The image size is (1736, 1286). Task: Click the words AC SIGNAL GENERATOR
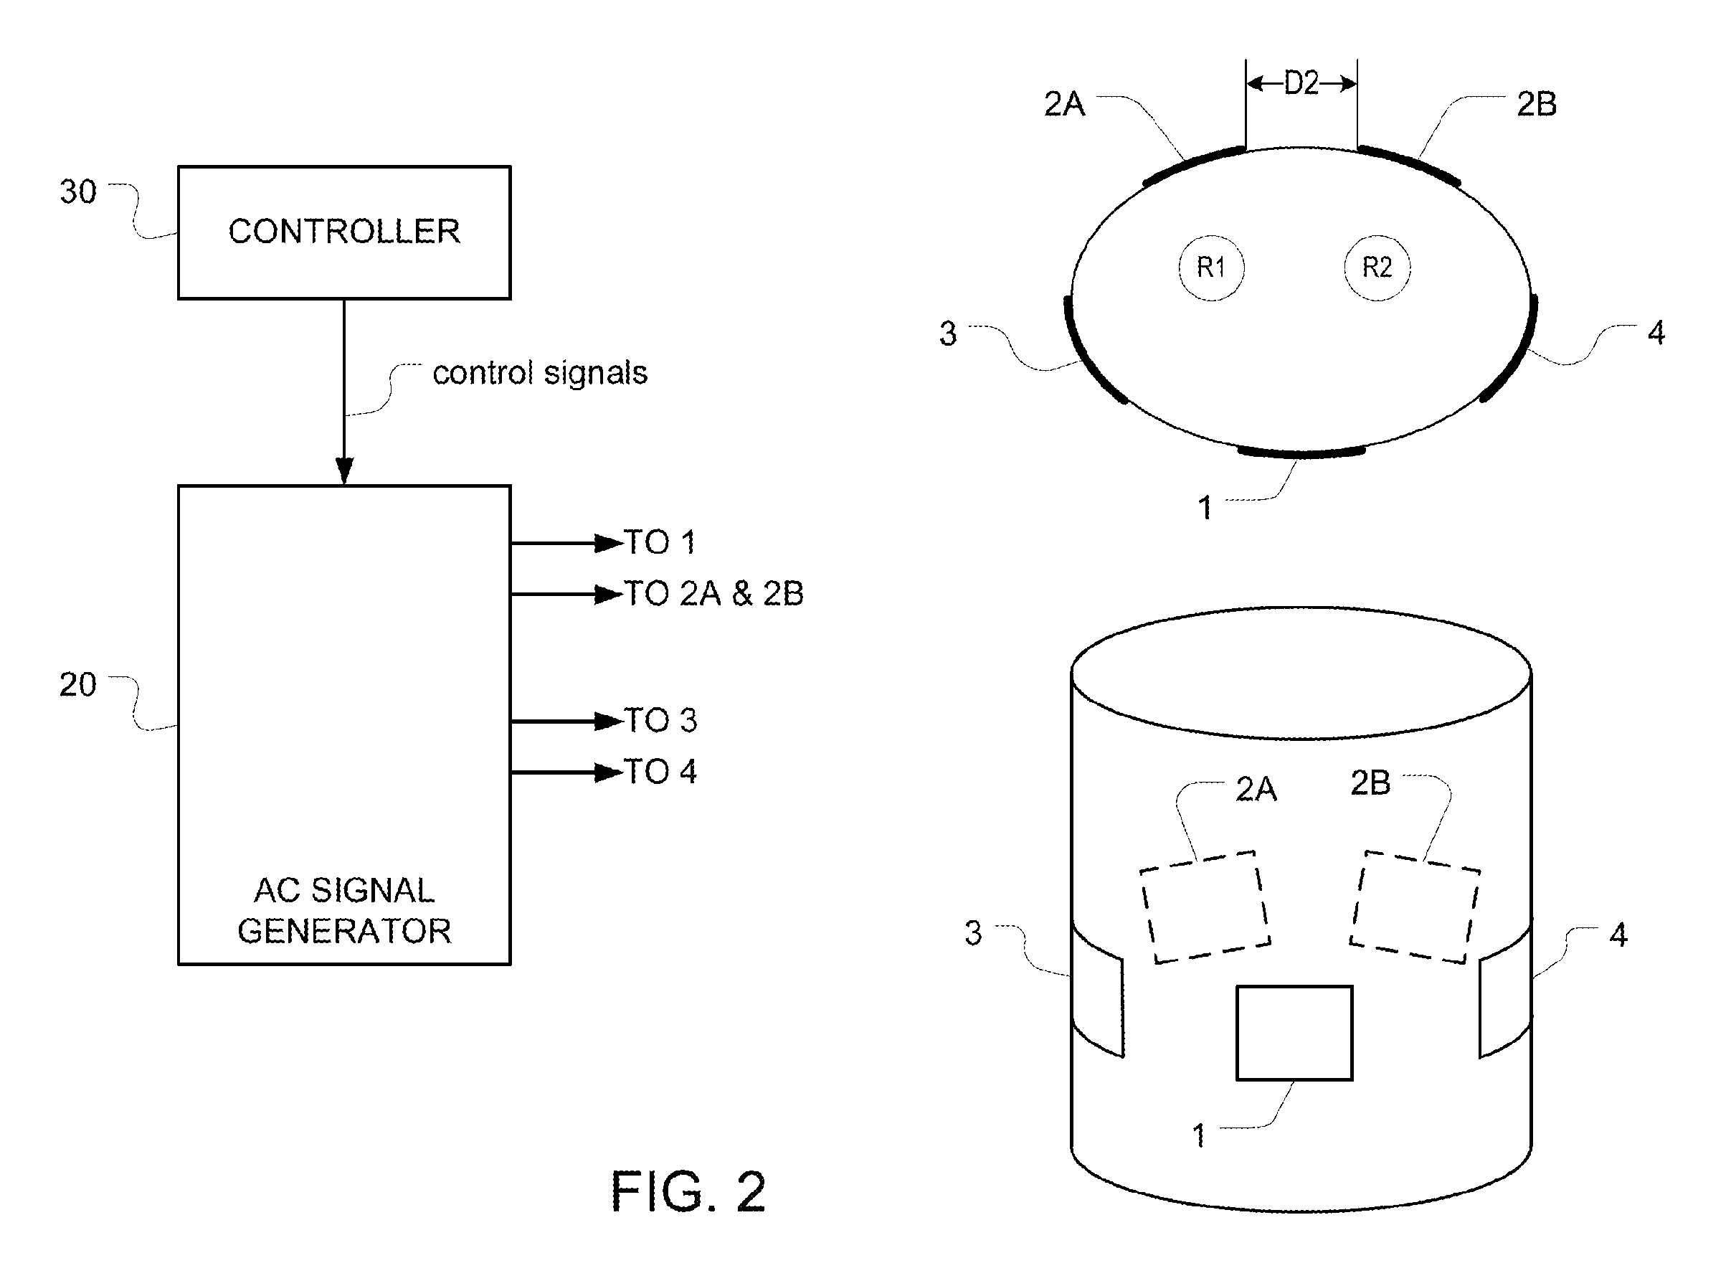[x=344, y=911]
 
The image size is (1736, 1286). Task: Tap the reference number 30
[x=78, y=192]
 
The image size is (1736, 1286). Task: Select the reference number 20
[x=78, y=685]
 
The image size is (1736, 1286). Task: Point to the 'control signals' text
[x=540, y=373]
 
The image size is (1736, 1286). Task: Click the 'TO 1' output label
[x=660, y=542]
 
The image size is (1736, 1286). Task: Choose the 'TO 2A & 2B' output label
[x=713, y=594]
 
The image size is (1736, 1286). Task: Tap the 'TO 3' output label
[x=660, y=721]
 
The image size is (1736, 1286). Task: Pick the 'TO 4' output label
[x=660, y=772]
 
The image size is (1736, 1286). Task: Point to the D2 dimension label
[x=1301, y=83]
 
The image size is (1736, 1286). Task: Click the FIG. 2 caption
[x=688, y=1191]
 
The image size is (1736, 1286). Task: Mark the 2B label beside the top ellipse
[x=1537, y=104]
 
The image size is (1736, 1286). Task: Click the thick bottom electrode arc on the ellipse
[x=1301, y=453]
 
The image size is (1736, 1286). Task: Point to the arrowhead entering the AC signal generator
[x=344, y=471]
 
